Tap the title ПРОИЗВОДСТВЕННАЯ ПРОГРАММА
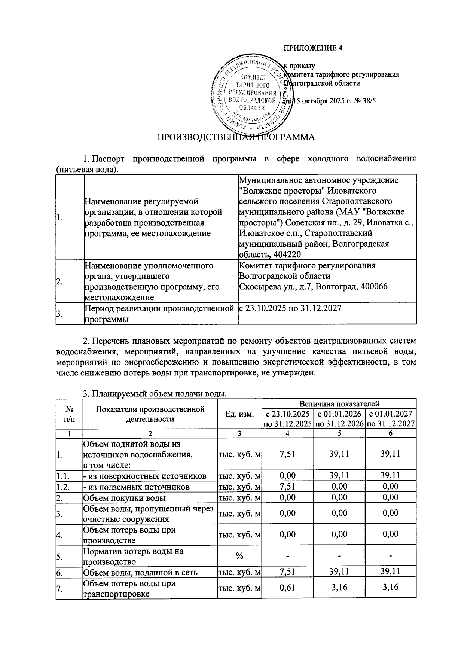[236, 137]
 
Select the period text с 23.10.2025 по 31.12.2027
[290, 308]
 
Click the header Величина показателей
[339, 404]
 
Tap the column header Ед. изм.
[239, 414]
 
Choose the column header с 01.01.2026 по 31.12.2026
[339, 418]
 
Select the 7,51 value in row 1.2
[287, 487]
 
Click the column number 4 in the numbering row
[287, 433]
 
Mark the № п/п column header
[69, 414]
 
